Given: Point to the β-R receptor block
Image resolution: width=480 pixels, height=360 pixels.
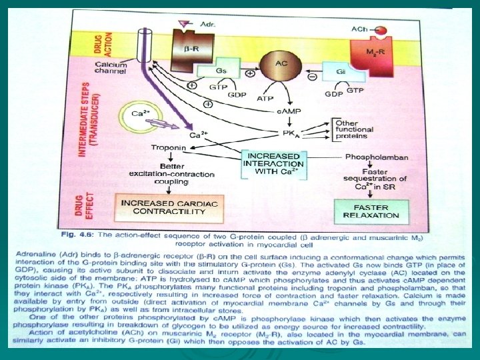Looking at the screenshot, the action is point(189,49).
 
